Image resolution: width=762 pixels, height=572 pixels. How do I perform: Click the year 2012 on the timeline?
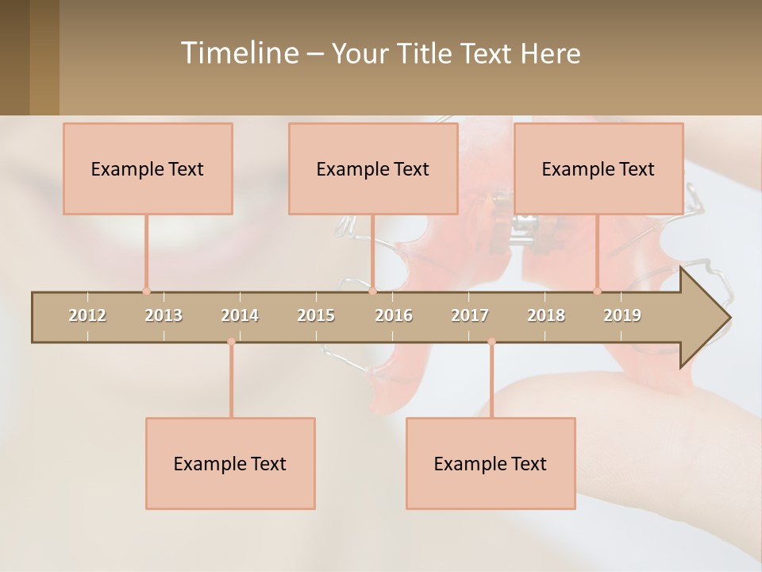pos(87,315)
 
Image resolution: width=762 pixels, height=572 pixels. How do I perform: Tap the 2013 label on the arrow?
pos(164,315)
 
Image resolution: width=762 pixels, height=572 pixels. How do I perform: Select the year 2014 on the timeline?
pos(240,315)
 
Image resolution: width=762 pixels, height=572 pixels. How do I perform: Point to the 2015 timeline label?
pos(316,315)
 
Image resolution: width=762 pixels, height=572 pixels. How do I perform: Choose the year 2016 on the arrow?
pos(394,315)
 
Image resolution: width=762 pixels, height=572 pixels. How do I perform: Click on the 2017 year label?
pos(470,315)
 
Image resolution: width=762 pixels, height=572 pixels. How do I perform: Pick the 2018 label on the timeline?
pos(546,315)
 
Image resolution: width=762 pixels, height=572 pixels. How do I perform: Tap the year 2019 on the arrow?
pos(622,315)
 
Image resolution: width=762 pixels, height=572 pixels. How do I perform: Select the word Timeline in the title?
pos(237,53)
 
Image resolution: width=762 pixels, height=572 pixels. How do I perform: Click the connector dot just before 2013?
pos(146,292)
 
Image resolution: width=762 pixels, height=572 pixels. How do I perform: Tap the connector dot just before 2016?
pos(372,292)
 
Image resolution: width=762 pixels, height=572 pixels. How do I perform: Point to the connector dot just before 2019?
pos(598,292)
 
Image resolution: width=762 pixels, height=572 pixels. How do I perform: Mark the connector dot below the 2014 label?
pos(231,342)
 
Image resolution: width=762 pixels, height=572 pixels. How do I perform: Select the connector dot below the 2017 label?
pos(491,342)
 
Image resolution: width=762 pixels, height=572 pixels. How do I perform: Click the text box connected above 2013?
pos(148,168)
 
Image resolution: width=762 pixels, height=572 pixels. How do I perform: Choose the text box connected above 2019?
pos(598,168)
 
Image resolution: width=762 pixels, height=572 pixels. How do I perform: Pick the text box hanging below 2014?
pos(230,463)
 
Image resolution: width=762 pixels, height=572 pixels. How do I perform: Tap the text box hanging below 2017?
pos(491,463)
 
